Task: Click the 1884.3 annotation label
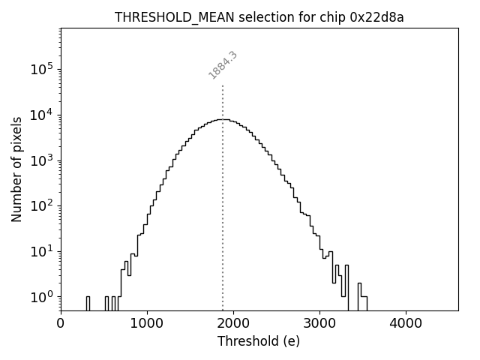[x=223, y=65]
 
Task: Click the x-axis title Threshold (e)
[x=259, y=341]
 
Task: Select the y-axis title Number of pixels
[x=16, y=169]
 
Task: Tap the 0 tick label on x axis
[x=61, y=324]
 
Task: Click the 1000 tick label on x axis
[x=147, y=324]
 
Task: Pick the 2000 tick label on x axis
[x=233, y=324]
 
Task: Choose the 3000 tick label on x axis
[x=319, y=324]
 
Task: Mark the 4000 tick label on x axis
[x=406, y=324]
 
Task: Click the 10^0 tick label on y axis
[x=41, y=297]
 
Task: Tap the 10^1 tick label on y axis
[x=41, y=251]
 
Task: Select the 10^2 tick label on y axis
[x=41, y=205]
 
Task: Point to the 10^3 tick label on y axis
[x=41, y=160]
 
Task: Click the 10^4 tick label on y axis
[x=41, y=115]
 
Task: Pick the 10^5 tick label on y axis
[x=41, y=69]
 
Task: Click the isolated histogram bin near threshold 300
[x=88, y=302]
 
